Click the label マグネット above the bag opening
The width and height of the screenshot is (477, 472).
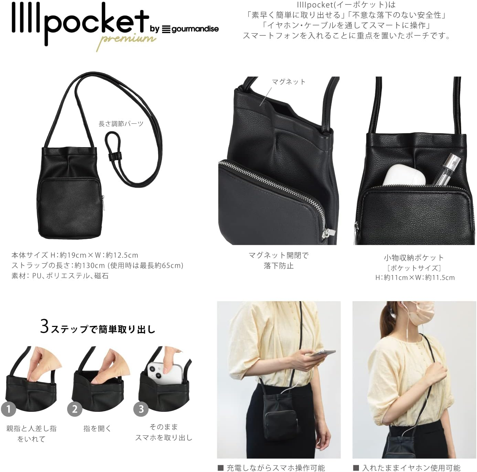(288, 82)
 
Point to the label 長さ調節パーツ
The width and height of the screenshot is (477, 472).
(121, 124)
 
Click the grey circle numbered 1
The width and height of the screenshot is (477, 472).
(9, 409)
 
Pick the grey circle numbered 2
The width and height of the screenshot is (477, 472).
(75, 409)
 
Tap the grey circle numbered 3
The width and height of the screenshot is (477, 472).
(141, 409)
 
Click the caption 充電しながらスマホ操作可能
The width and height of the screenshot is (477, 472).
(275, 468)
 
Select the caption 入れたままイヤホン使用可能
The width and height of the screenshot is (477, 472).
(411, 468)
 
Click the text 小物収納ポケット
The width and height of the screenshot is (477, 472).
(414, 257)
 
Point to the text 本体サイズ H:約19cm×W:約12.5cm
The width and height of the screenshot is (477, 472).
(75, 255)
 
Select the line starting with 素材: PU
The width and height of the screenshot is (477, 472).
(60, 276)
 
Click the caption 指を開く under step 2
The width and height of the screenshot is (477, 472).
(97, 428)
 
